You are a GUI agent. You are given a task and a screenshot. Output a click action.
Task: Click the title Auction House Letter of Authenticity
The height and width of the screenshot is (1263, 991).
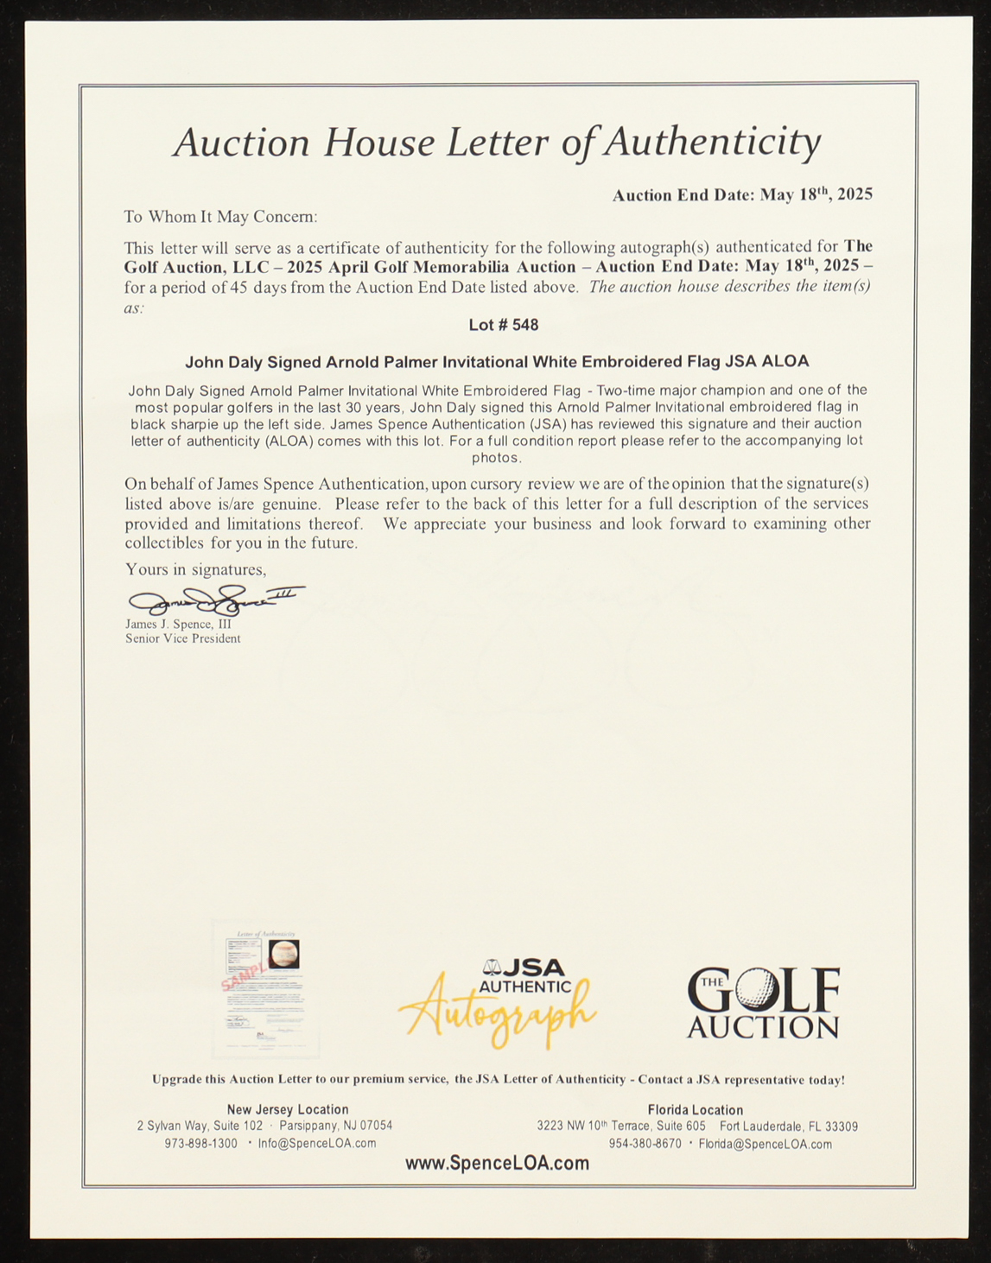tap(497, 143)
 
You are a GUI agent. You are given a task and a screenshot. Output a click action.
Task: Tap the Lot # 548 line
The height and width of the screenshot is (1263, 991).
tap(503, 325)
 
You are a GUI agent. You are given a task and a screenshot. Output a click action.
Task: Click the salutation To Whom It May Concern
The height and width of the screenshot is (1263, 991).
tap(220, 217)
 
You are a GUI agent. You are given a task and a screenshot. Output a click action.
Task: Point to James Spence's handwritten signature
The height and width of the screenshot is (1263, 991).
tap(214, 598)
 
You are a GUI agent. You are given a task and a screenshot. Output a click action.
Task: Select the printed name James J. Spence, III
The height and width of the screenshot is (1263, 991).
tap(178, 624)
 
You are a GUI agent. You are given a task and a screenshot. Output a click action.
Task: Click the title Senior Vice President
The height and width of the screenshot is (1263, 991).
tap(182, 638)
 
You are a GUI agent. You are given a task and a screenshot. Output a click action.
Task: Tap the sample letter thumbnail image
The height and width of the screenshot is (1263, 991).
tap(265, 989)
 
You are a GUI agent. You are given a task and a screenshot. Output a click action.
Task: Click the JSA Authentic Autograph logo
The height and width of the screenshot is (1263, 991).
tap(498, 1002)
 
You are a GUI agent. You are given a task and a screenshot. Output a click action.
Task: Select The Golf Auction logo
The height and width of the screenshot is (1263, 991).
tap(763, 1002)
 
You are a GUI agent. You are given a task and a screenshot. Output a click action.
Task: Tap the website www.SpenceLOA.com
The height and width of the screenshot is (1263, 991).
tap(497, 1163)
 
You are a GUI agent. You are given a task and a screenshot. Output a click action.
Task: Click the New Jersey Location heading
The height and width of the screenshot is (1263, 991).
tap(288, 1109)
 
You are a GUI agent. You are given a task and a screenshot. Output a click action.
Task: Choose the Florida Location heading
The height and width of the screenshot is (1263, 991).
tap(695, 1110)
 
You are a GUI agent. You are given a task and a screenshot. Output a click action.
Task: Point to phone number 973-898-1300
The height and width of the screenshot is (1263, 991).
tap(200, 1143)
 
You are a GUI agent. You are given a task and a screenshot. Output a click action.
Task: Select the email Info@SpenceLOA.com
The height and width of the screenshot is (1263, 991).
tap(316, 1143)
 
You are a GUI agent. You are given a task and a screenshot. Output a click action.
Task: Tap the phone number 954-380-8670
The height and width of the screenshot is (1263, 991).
tap(645, 1144)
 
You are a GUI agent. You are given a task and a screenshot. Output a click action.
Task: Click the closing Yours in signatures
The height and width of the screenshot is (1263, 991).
tap(195, 569)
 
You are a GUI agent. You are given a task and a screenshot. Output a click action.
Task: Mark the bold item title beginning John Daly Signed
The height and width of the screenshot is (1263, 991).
tap(497, 361)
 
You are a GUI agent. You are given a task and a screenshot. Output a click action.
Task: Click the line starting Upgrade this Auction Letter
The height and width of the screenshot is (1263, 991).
tap(498, 1079)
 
